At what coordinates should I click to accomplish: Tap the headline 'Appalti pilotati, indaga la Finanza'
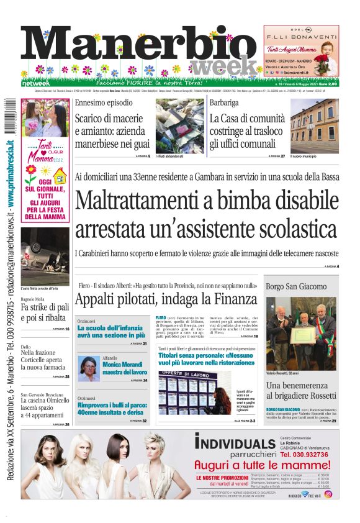click(166, 299)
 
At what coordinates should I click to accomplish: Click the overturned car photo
click(45, 256)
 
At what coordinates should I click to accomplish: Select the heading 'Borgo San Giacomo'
click(295, 286)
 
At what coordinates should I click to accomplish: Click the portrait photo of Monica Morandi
click(88, 368)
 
